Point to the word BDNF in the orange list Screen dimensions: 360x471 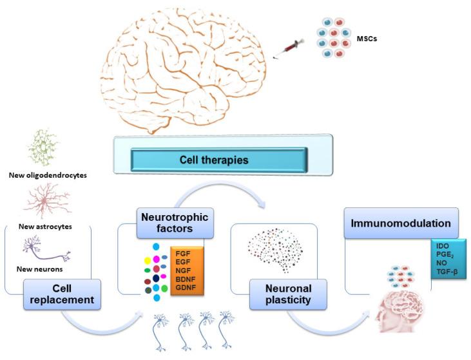tap(186, 280)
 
